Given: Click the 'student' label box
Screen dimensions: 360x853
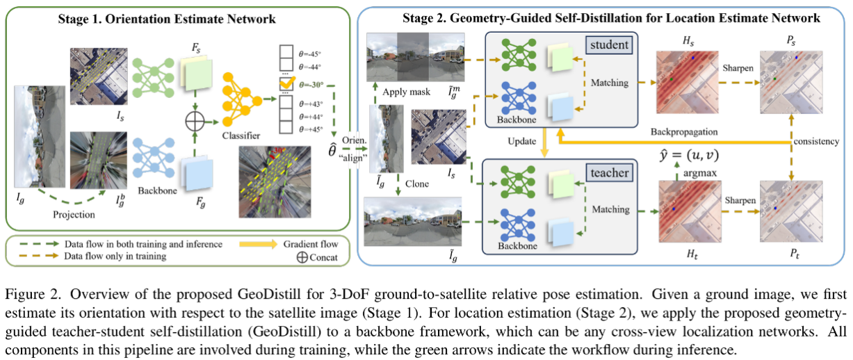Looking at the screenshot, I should click(x=608, y=46).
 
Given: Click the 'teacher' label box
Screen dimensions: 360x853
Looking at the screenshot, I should click(x=609, y=172).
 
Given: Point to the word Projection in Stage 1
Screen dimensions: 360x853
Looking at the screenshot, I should click(x=74, y=215).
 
